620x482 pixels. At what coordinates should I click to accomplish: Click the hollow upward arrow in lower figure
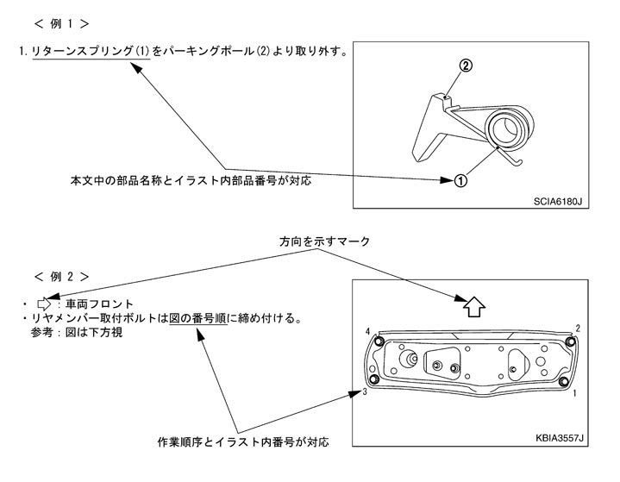coord(474,305)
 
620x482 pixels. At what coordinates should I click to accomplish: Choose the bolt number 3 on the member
coord(366,392)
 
